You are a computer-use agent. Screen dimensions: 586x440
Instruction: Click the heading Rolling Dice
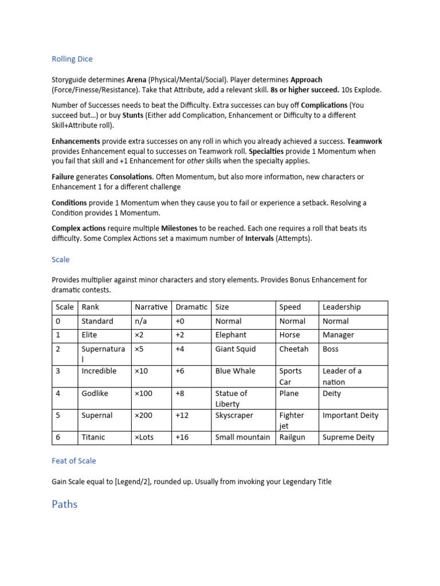tap(72, 59)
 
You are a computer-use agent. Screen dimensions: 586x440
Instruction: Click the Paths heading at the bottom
tap(64, 504)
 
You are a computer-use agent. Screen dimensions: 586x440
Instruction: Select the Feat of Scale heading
tap(74, 461)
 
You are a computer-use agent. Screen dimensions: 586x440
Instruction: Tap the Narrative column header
tap(151, 307)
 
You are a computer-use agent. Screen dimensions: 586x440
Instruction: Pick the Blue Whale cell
tap(235, 371)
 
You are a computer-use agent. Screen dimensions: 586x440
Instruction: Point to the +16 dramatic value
tap(182, 437)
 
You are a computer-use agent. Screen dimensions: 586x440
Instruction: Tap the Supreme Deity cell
tap(348, 437)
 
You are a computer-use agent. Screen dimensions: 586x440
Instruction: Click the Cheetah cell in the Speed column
tap(293, 349)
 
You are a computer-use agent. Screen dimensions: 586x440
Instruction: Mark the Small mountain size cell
tap(242, 437)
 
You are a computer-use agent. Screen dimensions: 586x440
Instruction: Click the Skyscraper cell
tap(234, 415)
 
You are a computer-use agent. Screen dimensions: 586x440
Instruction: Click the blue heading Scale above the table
tap(60, 260)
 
